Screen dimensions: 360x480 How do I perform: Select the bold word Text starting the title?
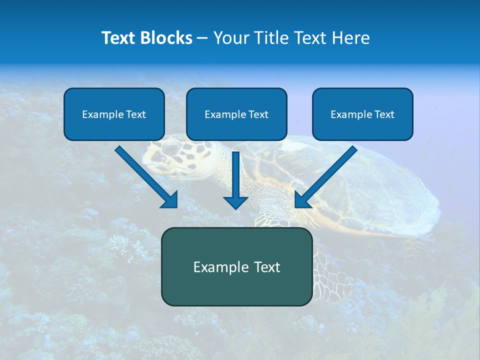(x=119, y=38)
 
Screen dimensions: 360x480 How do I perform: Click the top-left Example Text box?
(x=114, y=114)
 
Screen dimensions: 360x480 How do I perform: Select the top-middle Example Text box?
(x=236, y=114)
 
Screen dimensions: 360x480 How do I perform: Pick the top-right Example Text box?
(x=362, y=114)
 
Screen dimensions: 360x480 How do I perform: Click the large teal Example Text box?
(x=236, y=267)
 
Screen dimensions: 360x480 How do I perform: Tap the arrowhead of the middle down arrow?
(x=235, y=201)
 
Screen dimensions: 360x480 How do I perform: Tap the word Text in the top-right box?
(x=384, y=114)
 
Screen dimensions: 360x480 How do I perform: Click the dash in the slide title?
(x=202, y=38)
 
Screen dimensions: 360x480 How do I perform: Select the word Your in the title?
(x=231, y=38)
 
